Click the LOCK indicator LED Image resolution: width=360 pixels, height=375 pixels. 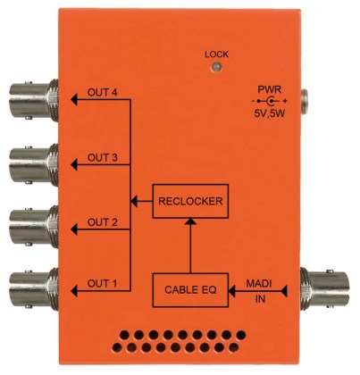click(217, 67)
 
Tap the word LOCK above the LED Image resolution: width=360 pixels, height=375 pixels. click(217, 54)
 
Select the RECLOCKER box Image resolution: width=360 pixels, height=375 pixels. click(190, 201)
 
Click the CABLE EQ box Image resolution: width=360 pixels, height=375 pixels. click(190, 290)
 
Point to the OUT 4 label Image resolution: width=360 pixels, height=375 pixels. click(102, 93)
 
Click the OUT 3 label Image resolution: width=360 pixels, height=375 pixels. click(102, 157)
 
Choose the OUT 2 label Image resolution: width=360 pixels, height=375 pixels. click(102, 222)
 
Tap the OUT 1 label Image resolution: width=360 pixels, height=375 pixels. click(102, 283)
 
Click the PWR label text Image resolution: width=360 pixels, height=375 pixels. click(269, 89)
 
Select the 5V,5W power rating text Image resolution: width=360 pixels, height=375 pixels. click(270, 113)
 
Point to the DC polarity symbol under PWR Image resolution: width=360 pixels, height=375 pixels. click(270, 101)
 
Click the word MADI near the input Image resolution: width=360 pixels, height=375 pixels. click(259, 284)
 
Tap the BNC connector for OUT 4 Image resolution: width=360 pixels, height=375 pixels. click(34, 100)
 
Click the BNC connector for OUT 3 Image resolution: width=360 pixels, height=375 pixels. click(34, 165)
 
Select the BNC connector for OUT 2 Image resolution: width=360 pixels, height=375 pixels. click(34, 227)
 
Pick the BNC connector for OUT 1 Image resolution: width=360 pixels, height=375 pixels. click(34, 289)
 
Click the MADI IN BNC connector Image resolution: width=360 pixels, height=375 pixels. click(325, 288)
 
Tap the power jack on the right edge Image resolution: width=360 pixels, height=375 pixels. click(305, 102)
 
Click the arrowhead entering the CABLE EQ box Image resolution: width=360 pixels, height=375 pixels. click(231, 291)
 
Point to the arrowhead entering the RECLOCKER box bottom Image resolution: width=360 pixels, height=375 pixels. click(190, 221)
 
